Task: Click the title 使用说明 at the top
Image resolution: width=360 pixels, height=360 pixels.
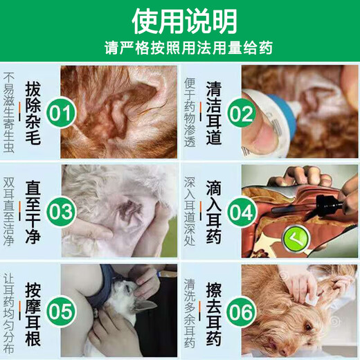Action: tap(179, 19)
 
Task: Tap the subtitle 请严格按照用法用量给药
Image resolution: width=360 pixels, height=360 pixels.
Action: tap(179, 48)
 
